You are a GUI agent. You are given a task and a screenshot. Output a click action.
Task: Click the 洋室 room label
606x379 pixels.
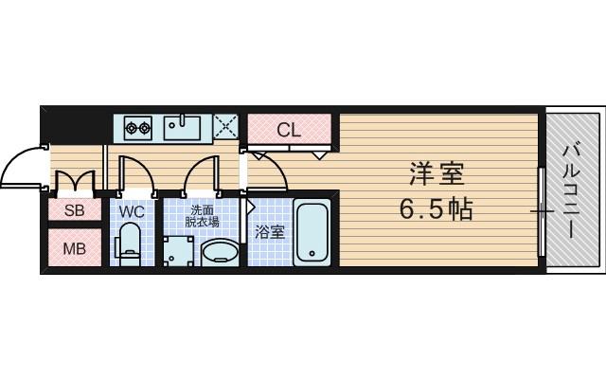click(x=437, y=173)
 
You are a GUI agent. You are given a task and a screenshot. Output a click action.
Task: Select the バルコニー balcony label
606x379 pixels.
click(x=571, y=189)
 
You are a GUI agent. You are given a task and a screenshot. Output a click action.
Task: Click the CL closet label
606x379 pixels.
click(x=289, y=131)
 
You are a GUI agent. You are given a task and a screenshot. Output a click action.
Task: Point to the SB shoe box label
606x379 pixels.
click(x=75, y=210)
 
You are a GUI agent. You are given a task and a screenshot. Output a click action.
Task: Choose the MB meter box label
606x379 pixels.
click(x=75, y=250)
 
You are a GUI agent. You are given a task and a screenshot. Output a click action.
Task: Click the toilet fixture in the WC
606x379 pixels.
click(x=130, y=244)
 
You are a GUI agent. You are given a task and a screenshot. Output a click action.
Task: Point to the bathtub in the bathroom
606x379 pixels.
click(x=311, y=232)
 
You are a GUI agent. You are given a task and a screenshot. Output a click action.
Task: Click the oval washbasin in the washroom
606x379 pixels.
click(x=222, y=252)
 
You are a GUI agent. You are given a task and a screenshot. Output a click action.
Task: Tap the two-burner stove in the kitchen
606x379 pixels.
click(x=135, y=125)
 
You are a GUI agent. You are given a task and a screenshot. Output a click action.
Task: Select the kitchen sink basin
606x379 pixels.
click(x=183, y=125)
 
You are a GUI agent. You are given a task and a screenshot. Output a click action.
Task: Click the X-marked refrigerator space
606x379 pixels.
click(x=225, y=125)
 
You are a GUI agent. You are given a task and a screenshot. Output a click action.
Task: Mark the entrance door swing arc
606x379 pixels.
click(x=21, y=171)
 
